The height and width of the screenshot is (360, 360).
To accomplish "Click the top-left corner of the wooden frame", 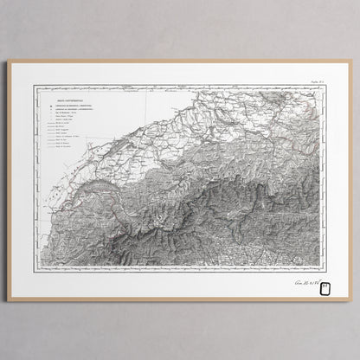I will pyautogui.click(x=9, y=60).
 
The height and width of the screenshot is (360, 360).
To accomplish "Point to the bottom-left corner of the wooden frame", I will pyautogui.click(x=9, y=300).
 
